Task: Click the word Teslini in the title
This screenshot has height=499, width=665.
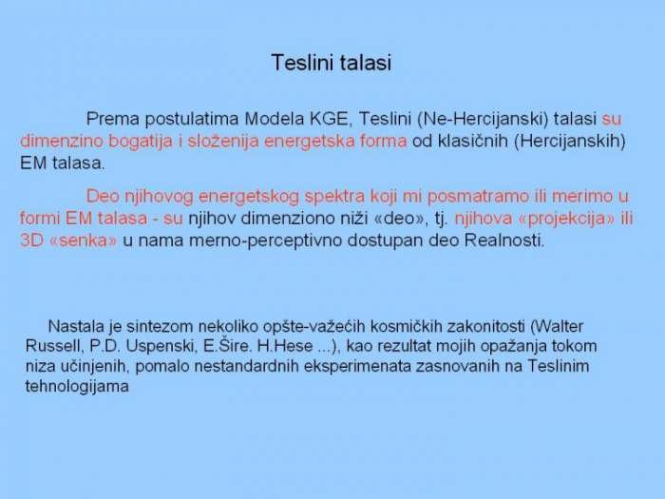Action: (299, 63)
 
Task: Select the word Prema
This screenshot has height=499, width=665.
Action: (113, 119)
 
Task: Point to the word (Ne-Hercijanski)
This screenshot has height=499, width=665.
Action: (483, 119)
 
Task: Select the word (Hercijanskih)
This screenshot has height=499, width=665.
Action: (570, 141)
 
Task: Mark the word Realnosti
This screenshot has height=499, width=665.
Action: (504, 240)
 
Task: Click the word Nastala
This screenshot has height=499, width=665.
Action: (76, 326)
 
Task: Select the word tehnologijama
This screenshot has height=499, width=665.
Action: (77, 387)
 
